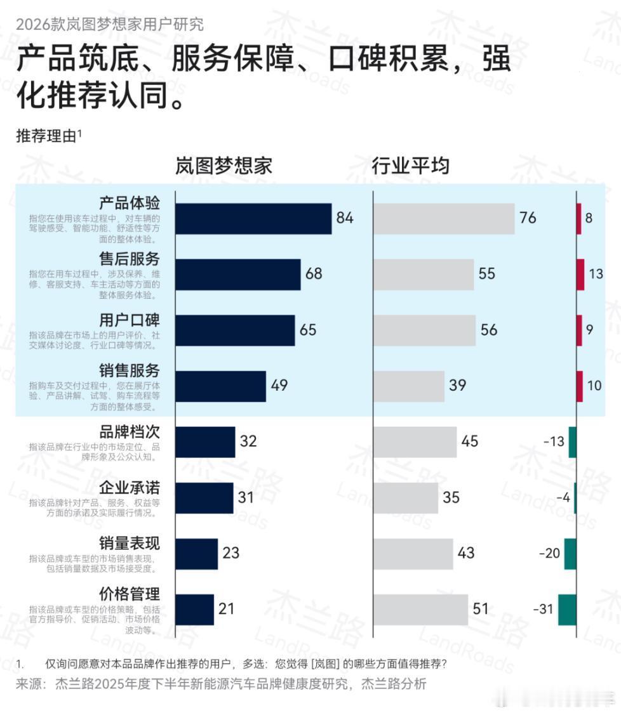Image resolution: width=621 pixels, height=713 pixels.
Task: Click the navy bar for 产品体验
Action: [x=253, y=219]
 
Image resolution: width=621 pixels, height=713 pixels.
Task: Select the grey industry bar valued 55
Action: [x=423, y=275]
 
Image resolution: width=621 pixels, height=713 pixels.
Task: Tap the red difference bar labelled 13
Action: [x=580, y=275]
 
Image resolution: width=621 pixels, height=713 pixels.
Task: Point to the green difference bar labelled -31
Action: [x=567, y=610]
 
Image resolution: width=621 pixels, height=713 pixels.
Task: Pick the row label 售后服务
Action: [x=130, y=259]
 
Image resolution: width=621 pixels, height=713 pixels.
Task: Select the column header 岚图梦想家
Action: [x=224, y=166]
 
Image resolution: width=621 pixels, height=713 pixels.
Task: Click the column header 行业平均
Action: [x=410, y=166]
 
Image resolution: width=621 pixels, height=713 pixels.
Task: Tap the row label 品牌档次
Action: [x=130, y=432]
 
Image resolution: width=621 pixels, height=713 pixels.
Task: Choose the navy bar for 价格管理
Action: [x=194, y=610]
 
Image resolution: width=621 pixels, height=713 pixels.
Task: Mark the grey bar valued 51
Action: [x=420, y=610]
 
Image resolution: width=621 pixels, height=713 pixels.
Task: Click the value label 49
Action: [x=279, y=386]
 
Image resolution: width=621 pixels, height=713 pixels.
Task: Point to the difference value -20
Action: [x=549, y=553]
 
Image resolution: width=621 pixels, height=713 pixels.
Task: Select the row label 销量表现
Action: [x=130, y=544]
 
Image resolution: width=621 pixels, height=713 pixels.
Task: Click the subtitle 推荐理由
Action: [x=47, y=136]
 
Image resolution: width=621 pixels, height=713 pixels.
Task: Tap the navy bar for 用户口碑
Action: [x=235, y=330]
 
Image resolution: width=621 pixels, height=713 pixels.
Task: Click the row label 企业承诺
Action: [x=130, y=488]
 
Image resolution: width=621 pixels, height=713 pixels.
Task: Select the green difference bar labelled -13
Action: [x=572, y=442]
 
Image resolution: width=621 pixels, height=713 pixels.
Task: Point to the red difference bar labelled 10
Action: [x=579, y=386]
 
